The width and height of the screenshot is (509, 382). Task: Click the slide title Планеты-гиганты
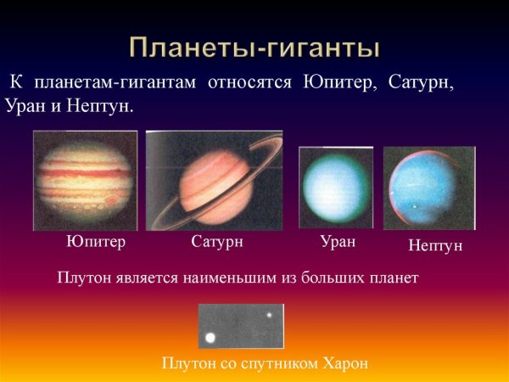255,47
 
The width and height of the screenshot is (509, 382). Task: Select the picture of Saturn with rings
214,181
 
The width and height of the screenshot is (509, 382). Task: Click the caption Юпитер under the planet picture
96,242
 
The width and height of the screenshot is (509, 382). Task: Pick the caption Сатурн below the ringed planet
218,242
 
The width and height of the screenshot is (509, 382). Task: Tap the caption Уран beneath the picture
337,241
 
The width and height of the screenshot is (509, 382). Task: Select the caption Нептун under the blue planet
435,245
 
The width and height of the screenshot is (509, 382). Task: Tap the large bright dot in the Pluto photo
210,338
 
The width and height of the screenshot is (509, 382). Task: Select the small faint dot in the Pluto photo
269,316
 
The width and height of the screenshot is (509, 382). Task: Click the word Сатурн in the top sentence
427,85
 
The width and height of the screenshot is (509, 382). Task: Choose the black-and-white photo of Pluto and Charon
241,327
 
